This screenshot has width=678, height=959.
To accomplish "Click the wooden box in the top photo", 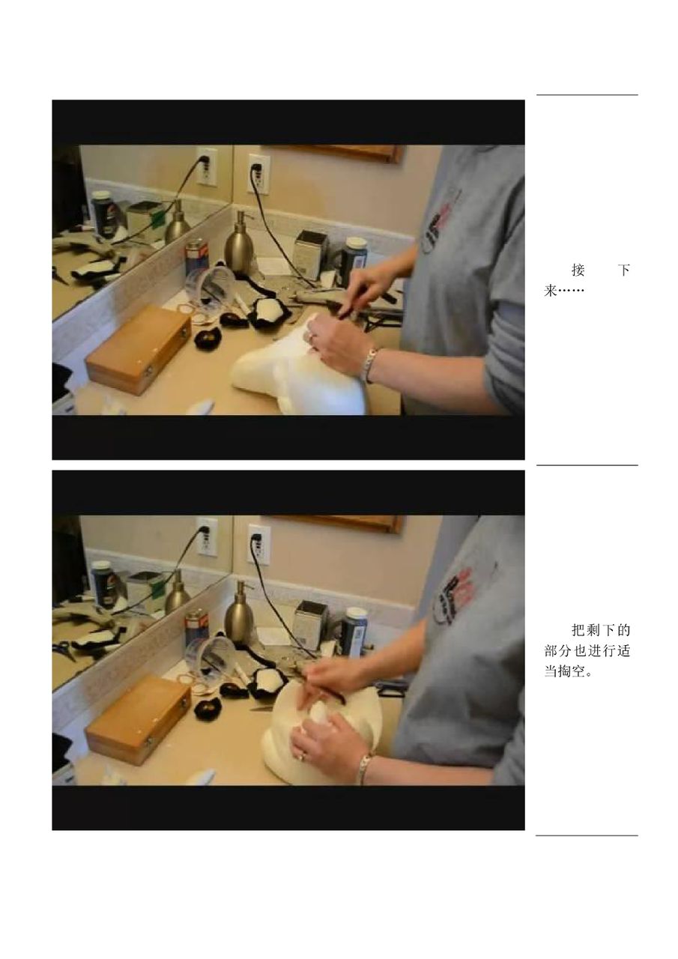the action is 138,349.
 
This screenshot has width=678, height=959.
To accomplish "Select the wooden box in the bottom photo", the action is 138,720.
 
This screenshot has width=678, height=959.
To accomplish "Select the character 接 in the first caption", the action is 578,270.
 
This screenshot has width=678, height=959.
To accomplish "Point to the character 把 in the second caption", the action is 578,630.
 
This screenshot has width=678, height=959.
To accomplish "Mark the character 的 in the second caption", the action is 623,630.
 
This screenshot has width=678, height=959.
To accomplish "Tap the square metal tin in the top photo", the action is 310,255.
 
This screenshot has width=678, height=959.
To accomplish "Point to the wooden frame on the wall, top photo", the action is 334,154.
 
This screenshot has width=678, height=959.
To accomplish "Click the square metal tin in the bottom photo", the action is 310,625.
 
